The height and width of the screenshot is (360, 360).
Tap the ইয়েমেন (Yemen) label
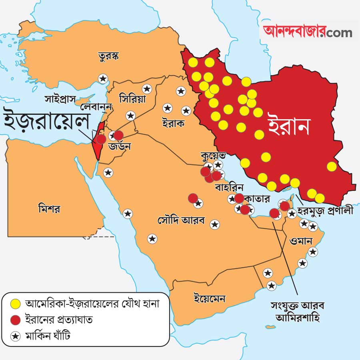click(x=209, y=298)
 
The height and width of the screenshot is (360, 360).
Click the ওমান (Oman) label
click(x=301, y=241)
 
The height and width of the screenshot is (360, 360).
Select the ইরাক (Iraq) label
click(x=173, y=123)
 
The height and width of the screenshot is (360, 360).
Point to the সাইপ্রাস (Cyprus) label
click(x=60, y=98)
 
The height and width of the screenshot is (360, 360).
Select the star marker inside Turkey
click(x=103, y=79)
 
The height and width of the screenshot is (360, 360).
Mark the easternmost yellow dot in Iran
click(x=332, y=166)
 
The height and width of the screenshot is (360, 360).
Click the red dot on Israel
click(x=102, y=139)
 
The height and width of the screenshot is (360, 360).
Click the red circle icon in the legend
click(x=16, y=320)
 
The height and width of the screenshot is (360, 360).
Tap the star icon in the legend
click(x=16, y=336)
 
